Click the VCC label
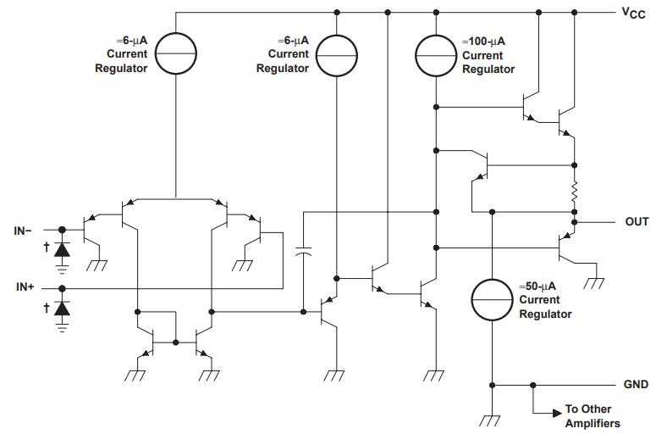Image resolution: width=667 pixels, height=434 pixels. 633,13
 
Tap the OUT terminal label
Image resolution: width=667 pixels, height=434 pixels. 637,221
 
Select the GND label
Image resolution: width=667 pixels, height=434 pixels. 636,384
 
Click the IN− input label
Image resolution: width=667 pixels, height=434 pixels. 24,230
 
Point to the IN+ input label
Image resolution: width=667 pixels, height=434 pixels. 24,287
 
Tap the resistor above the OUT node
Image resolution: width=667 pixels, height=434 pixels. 575,192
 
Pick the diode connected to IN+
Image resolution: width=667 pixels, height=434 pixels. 62,307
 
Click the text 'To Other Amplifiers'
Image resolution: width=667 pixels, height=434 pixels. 592,416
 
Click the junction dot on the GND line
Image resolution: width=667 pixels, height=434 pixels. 532,384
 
